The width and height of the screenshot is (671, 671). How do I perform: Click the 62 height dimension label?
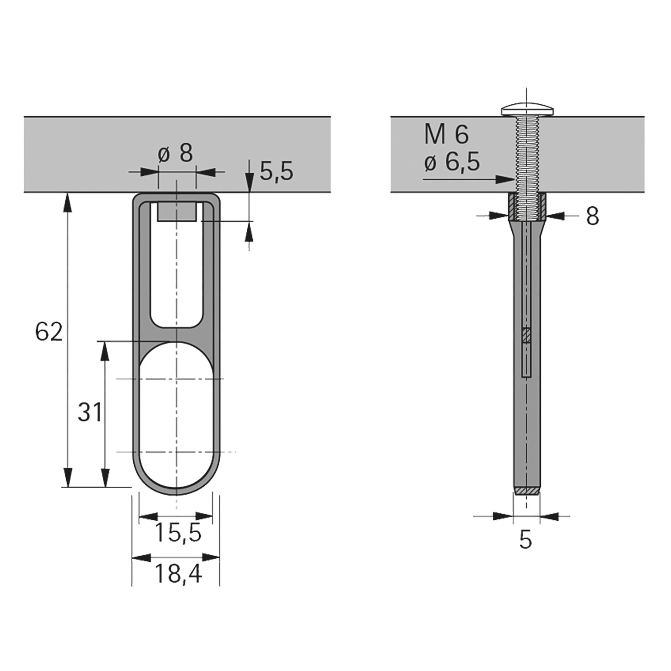(49, 331)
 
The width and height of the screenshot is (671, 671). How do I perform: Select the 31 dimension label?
(89, 412)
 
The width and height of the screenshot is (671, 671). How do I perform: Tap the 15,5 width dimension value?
(178, 532)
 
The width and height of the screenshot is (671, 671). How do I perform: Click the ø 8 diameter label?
(175, 153)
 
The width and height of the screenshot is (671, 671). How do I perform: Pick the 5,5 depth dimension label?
(276, 171)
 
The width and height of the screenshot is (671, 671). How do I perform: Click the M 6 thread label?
(446, 134)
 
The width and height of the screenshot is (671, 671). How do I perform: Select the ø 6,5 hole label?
(452, 162)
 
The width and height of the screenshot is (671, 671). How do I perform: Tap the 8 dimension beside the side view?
(592, 216)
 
